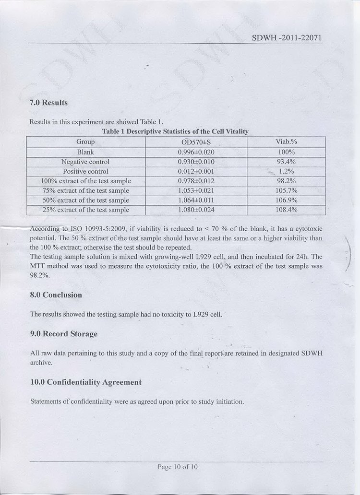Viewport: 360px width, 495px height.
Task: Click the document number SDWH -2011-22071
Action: point(286,37)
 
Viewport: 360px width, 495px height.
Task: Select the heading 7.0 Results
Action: point(48,103)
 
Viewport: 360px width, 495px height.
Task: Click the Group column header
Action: point(85,141)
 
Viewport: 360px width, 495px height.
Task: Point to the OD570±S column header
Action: point(196,142)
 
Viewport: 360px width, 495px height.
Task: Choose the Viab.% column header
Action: point(286,141)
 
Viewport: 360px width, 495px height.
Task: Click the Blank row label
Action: point(85,152)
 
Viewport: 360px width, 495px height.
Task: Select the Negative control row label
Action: point(85,162)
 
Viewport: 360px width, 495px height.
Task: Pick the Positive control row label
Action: point(85,171)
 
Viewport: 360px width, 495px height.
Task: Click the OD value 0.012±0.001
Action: point(196,171)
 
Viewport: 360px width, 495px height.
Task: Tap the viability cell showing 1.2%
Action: point(286,171)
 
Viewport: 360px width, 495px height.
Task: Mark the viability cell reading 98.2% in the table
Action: point(286,181)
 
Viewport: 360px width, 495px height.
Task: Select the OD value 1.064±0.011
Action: point(196,200)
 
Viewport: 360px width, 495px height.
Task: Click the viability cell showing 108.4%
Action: point(286,210)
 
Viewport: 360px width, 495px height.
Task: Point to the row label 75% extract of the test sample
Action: point(85,190)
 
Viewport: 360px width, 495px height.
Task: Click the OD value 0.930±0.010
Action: point(196,162)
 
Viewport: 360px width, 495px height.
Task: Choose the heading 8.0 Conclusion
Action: point(56,295)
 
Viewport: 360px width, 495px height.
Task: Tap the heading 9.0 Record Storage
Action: point(63,333)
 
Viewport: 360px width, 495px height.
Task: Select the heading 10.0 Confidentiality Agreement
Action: point(85,382)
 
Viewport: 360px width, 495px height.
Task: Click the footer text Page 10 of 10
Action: point(177,467)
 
